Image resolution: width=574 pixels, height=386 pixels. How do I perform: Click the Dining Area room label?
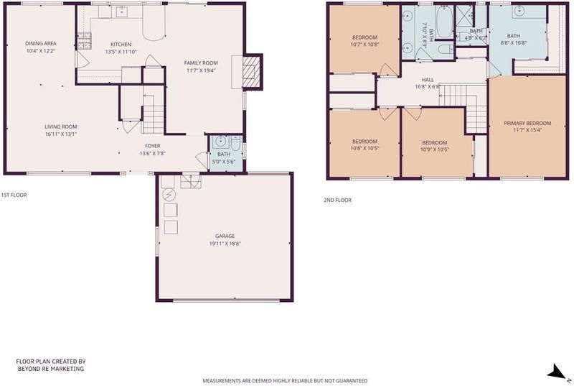pyautogui.click(x=41, y=44)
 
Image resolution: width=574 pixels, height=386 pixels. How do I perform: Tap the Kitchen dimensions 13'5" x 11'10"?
pyautogui.click(x=121, y=52)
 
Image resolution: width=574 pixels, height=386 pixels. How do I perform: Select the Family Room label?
pyautogui.click(x=201, y=63)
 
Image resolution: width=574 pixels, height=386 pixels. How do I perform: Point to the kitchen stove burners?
pyautogui.click(x=84, y=40)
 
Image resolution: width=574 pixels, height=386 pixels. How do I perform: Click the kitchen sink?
pyautogui.click(x=121, y=12)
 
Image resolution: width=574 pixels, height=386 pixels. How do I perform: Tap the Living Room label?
pyautogui.click(x=61, y=127)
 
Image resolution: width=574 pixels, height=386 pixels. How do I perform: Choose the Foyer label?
pyautogui.click(x=152, y=146)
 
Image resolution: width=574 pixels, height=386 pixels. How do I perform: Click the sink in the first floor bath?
pyautogui.click(x=220, y=142)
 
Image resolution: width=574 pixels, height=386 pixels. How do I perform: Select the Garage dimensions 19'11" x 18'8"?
pyautogui.click(x=225, y=244)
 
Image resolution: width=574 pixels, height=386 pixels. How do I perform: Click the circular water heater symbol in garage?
pyautogui.click(x=169, y=194)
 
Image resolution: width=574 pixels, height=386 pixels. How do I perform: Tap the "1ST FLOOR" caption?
pyautogui.click(x=14, y=195)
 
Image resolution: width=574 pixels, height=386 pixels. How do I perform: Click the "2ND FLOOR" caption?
pyautogui.click(x=337, y=200)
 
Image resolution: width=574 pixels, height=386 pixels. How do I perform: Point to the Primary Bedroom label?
pyautogui.click(x=527, y=123)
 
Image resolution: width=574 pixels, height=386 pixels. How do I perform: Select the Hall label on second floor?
pyautogui.click(x=428, y=80)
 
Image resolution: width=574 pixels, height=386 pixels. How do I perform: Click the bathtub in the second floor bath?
pyautogui.click(x=444, y=22)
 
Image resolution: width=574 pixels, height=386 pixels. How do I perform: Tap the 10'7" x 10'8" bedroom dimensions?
pyautogui.click(x=364, y=45)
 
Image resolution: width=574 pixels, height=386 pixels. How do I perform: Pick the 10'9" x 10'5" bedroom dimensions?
pyautogui.click(x=435, y=150)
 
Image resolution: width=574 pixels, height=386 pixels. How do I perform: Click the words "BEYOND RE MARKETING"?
pyautogui.click(x=51, y=369)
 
